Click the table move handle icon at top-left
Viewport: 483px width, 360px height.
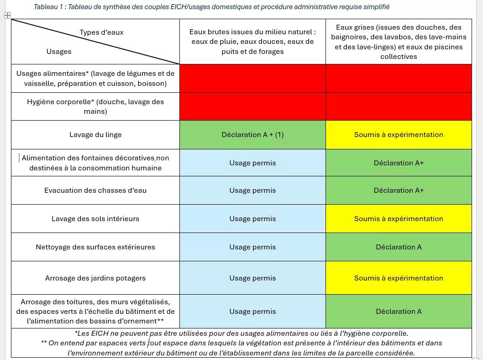click(x=7, y=16)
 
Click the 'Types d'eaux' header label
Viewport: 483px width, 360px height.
click(x=101, y=32)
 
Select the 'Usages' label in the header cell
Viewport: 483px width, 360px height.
click(x=59, y=52)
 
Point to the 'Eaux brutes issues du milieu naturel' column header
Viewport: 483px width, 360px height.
click(x=252, y=42)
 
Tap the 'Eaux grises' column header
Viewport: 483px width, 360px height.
click(x=399, y=42)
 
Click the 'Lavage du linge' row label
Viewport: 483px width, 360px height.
click(x=95, y=135)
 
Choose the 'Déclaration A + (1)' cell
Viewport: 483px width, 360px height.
click(x=252, y=135)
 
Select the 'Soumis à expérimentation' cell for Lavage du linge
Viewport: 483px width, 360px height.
click(x=399, y=135)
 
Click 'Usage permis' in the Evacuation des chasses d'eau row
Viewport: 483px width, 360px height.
click(x=252, y=191)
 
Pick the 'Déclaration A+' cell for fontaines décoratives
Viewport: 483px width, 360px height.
click(x=399, y=163)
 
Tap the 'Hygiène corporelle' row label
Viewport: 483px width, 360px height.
click(x=95, y=106)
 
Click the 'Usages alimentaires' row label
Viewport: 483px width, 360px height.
click(x=95, y=78)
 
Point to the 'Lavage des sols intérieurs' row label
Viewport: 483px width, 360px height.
click(x=95, y=219)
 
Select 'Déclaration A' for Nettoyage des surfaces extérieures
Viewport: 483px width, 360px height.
click(x=399, y=247)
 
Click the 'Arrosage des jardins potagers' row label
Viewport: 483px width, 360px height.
click(x=95, y=278)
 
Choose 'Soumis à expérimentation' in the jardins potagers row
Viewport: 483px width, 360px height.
click(x=399, y=278)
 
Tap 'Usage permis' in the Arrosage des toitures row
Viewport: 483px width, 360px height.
click(x=252, y=312)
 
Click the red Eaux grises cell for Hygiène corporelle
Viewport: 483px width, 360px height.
click(x=399, y=106)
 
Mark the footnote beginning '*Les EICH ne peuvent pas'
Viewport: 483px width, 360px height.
click(x=241, y=334)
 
